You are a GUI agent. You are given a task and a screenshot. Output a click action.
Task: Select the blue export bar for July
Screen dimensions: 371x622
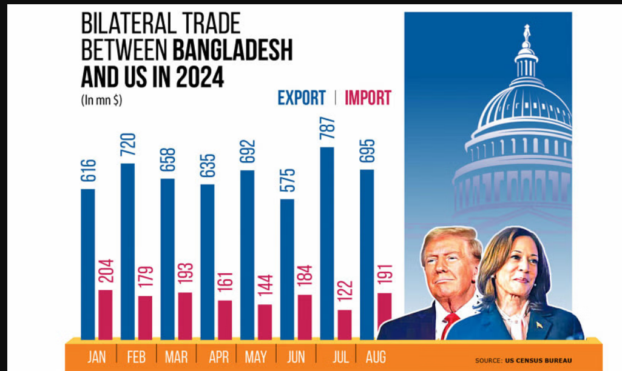pyautogui.click(x=327, y=242)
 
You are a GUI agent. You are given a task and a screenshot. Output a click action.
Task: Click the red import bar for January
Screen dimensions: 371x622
pyautogui.click(x=106, y=315)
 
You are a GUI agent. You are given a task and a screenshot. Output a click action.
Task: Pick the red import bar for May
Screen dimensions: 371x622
pyautogui.click(x=265, y=322)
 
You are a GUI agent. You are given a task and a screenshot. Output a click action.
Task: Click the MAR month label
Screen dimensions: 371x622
pyautogui.click(x=177, y=356)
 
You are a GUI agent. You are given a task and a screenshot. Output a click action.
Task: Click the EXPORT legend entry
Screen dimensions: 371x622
pyautogui.click(x=302, y=98)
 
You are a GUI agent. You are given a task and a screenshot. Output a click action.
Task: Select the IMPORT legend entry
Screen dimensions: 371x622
pyautogui.click(x=368, y=98)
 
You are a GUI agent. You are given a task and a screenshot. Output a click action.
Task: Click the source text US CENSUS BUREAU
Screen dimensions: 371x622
pyautogui.click(x=538, y=361)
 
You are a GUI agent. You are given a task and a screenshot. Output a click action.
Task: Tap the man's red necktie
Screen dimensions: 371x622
pyautogui.click(x=448, y=326)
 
